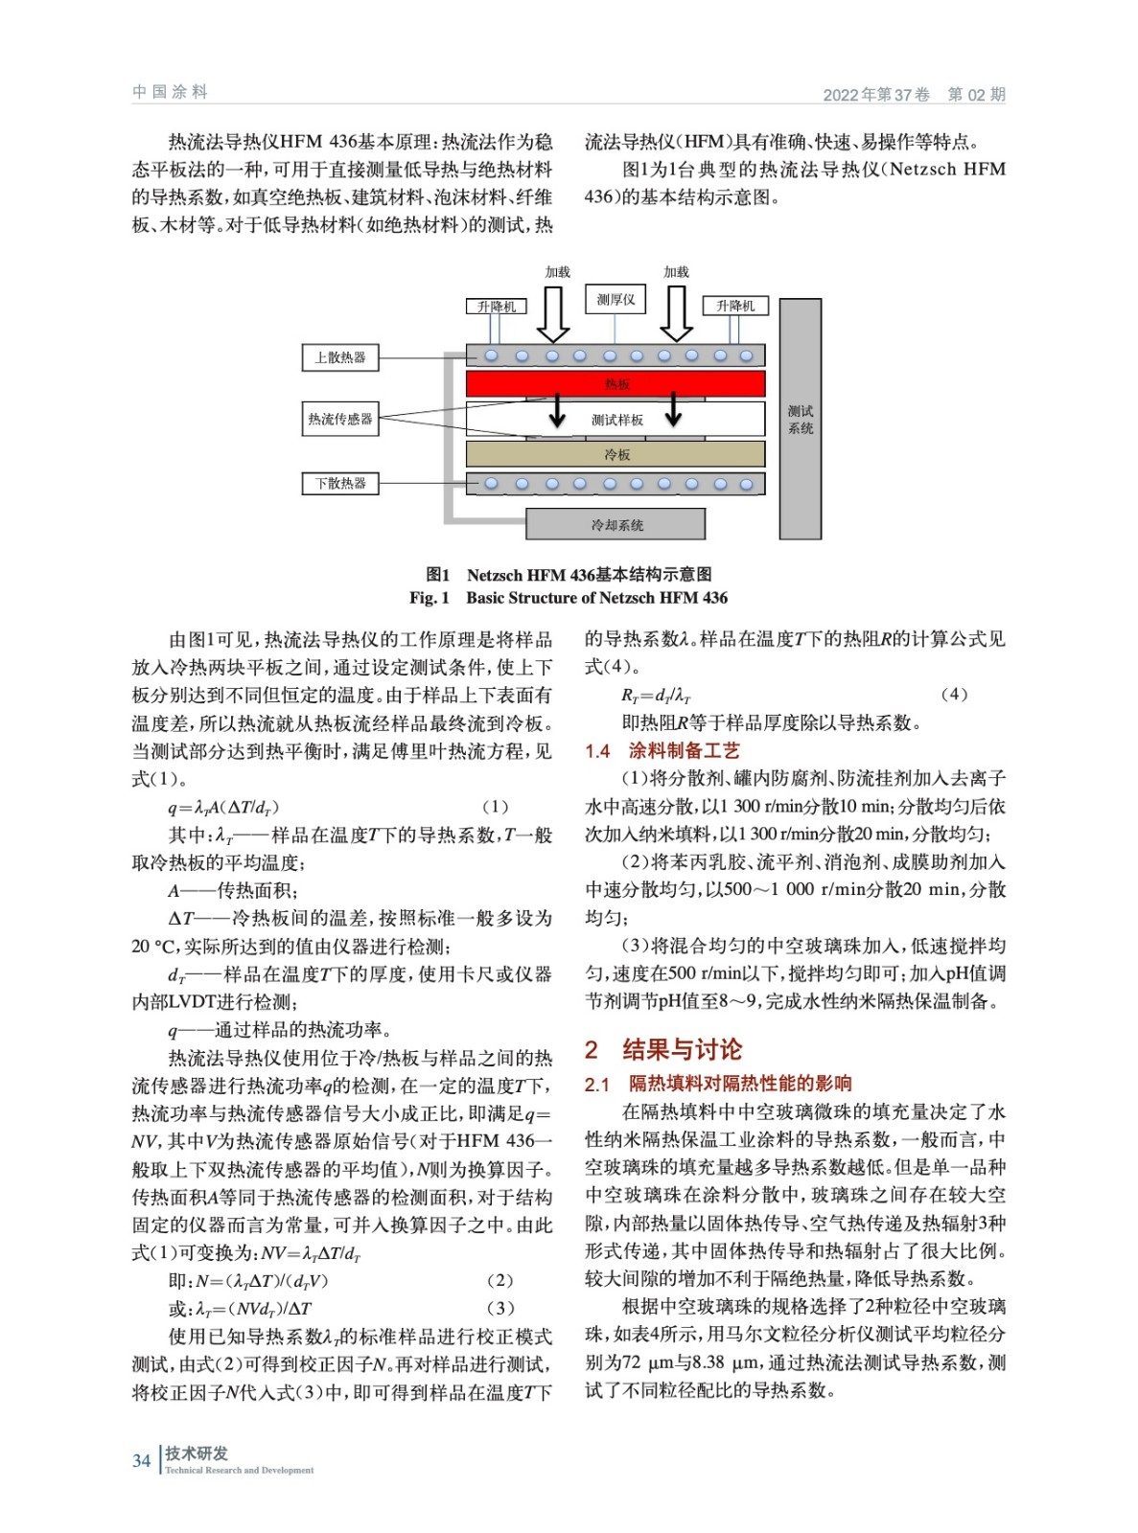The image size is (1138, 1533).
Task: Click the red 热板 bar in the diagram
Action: [615, 384]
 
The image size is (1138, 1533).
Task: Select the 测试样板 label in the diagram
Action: [616, 420]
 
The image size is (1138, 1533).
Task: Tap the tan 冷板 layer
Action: [615, 454]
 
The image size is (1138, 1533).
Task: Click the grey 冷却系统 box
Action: [615, 525]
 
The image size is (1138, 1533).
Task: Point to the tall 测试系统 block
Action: [800, 420]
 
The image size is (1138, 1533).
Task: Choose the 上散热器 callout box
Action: [340, 357]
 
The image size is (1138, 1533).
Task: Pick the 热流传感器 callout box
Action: [340, 419]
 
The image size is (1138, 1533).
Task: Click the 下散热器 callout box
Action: [340, 483]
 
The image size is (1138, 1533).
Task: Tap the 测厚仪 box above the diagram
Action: [615, 299]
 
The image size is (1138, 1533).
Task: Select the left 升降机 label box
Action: [497, 307]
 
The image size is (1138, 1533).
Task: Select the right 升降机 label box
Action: [735, 306]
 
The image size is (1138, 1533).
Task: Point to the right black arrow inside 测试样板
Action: [673, 410]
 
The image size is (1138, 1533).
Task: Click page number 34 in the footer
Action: [142, 1461]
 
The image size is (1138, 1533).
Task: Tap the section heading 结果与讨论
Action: [682, 1050]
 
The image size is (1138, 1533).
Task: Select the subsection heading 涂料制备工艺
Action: [684, 751]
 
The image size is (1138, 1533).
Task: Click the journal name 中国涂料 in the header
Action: [171, 92]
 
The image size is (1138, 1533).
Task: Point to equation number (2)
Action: [499, 1281]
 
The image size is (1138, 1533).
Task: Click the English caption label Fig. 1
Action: [429, 598]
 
